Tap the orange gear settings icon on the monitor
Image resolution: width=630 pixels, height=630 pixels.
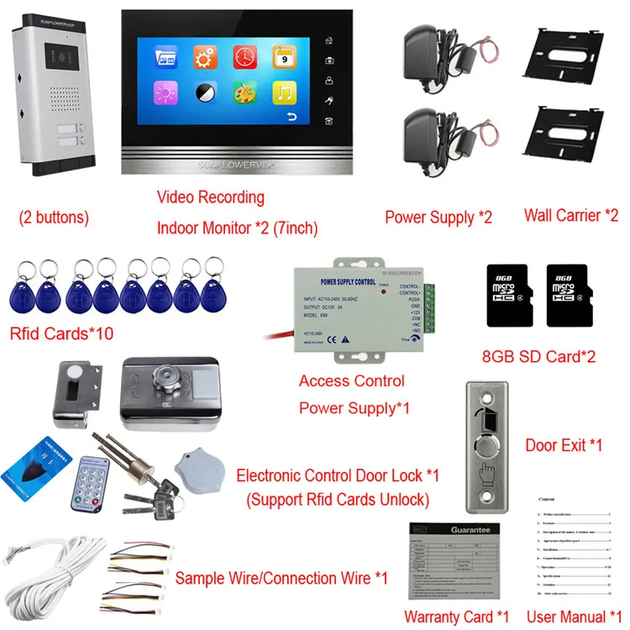[x=205, y=58]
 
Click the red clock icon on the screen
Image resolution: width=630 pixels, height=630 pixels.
[x=244, y=57]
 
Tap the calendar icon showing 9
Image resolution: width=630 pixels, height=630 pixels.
[x=284, y=57]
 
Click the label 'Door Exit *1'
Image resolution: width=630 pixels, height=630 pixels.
[x=564, y=444]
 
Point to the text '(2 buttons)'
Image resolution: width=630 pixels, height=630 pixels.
[x=54, y=217]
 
